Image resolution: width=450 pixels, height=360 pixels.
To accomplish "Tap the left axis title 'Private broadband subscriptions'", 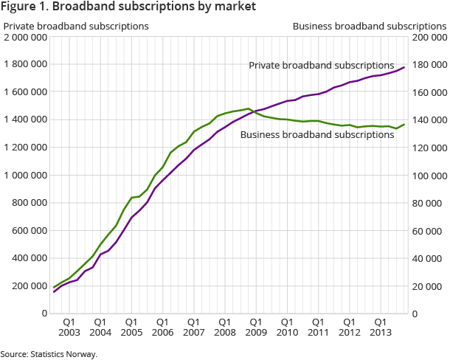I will click(x=76, y=27).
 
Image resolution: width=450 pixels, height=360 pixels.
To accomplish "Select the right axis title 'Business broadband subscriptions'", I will click(x=369, y=27).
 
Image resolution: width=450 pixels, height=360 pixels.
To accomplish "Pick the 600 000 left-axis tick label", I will click(x=28, y=231).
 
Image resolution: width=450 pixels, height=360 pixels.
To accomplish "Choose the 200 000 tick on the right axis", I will click(x=429, y=37).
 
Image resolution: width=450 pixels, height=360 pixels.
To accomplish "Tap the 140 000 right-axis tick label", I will click(x=429, y=120).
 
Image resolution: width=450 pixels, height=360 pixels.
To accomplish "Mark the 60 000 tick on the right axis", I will click(x=427, y=231).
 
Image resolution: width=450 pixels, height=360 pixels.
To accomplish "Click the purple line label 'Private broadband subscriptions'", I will click(x=321, y=66).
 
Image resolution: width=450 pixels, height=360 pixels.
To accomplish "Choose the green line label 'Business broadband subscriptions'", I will click(x=317, y=135).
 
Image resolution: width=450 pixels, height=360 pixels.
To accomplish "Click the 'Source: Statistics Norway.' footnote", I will click(x=49, y=354).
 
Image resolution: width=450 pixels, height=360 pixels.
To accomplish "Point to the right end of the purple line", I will click(x=404, y=68).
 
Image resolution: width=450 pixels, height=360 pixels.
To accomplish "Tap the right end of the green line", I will click(x=404, y=124).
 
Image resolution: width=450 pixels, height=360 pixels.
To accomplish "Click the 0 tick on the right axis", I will click(x=416, y=314).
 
